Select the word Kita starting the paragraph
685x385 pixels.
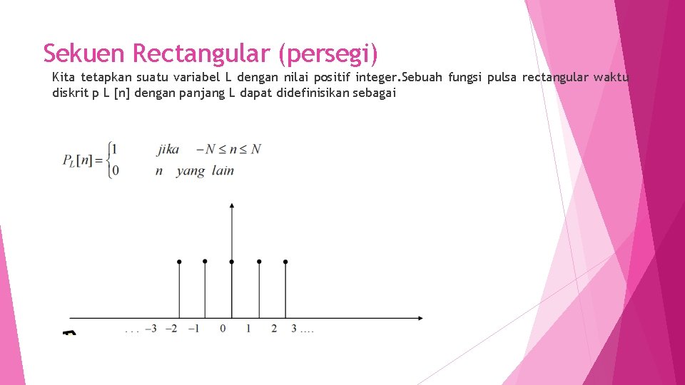(64, 77)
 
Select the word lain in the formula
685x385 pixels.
(223, 170)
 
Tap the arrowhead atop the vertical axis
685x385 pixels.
(231, 205)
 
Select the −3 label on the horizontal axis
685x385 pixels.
(151, 329)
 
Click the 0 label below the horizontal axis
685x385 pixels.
(223, 329)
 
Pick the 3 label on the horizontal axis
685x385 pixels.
(293, 329)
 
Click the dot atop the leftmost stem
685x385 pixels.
(179, 262)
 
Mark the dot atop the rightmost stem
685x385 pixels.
(285, 262)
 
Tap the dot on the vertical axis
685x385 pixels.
(231, 262)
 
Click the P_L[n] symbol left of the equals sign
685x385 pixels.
(78, 160)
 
